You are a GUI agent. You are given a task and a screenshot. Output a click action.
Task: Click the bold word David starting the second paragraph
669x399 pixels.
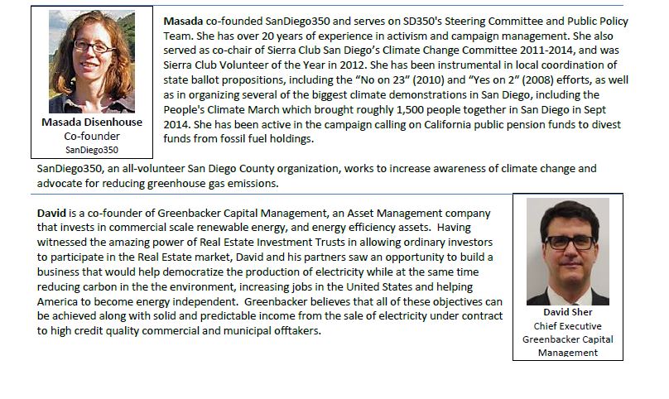coord(51,214)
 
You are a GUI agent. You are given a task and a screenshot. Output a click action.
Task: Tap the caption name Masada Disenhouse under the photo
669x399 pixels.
coord(92,123)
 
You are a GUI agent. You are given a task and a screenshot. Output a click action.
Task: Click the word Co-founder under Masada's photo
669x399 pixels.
coord(92,136)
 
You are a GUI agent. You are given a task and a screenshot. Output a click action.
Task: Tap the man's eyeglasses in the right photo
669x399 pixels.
coord(569,242)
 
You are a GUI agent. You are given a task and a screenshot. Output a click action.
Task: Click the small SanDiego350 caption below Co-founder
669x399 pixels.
coord(92,150)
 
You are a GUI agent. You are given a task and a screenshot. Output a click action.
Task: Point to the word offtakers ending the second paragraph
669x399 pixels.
coord(295,331)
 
